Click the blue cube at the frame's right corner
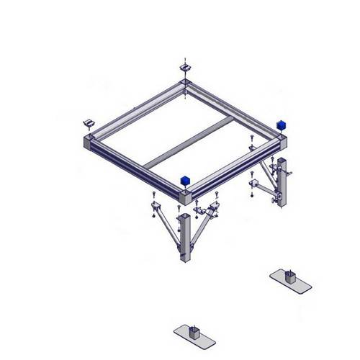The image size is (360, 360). click(x=282, y=124)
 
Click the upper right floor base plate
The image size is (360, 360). click(x=291, y=281)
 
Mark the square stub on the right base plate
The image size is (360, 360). click(x=291, y=275)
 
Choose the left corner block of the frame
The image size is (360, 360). click(x=89, y=142)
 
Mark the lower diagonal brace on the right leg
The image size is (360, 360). click(x=266, y=191)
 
